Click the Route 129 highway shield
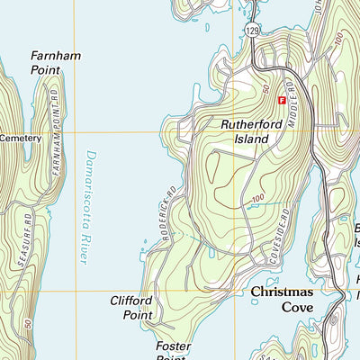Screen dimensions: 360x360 [x=252, y=31]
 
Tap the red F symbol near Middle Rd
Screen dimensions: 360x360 [x=281, y=100]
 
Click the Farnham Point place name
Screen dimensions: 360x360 [x=56, y=62]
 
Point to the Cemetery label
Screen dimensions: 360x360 [x=21, y=138]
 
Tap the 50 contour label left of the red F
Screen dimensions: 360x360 [x=266, y=91]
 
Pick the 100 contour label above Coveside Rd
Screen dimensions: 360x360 [x=257, y=198]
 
